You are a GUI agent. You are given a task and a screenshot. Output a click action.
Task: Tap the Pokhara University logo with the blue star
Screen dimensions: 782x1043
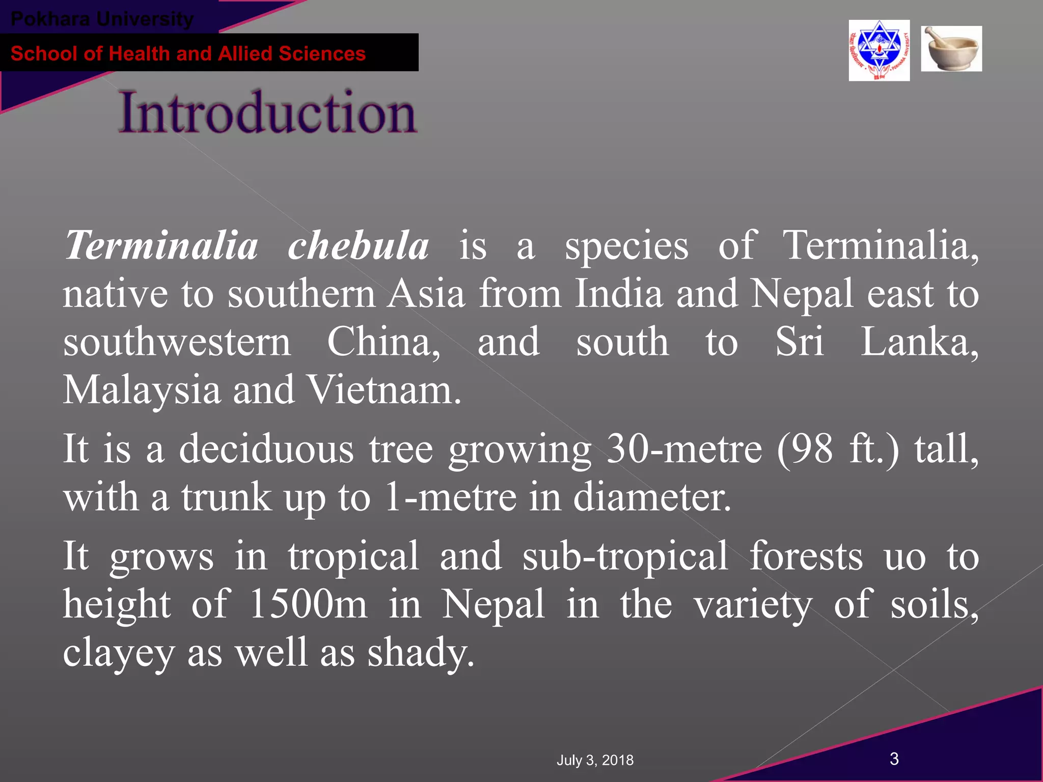[x=879, y=50]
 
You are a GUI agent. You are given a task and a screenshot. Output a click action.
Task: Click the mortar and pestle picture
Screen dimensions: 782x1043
[x=951, y=49]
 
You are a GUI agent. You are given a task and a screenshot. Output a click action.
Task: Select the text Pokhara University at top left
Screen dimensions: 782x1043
[x=102, y=19]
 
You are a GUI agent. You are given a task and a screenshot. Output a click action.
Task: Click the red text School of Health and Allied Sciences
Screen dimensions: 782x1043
[x=188, y=53]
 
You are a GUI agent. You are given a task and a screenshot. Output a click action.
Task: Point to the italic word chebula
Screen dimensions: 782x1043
[x=358, y=245]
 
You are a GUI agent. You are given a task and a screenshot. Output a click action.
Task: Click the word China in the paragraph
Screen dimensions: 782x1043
[x=383, y=342]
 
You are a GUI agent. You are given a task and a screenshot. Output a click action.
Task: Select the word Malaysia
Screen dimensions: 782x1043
[x=142, y=390]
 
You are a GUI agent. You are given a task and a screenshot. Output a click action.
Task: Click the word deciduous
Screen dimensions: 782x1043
[x=266, y=449]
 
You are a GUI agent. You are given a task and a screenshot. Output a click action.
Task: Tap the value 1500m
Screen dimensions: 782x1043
[x=308, y=604]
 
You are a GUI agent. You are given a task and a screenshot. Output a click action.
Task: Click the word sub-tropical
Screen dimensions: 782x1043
[x=625, y=556]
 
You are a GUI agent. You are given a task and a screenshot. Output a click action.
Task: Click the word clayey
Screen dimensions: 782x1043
[x=119, y=653]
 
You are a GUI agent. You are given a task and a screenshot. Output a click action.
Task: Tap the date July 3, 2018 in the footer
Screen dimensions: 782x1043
[x=595, y=760]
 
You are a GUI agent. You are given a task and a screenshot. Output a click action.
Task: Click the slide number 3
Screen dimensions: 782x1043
[x=894, y=759]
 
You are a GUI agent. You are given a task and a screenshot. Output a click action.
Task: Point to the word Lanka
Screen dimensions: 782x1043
[x=919, y=342]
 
